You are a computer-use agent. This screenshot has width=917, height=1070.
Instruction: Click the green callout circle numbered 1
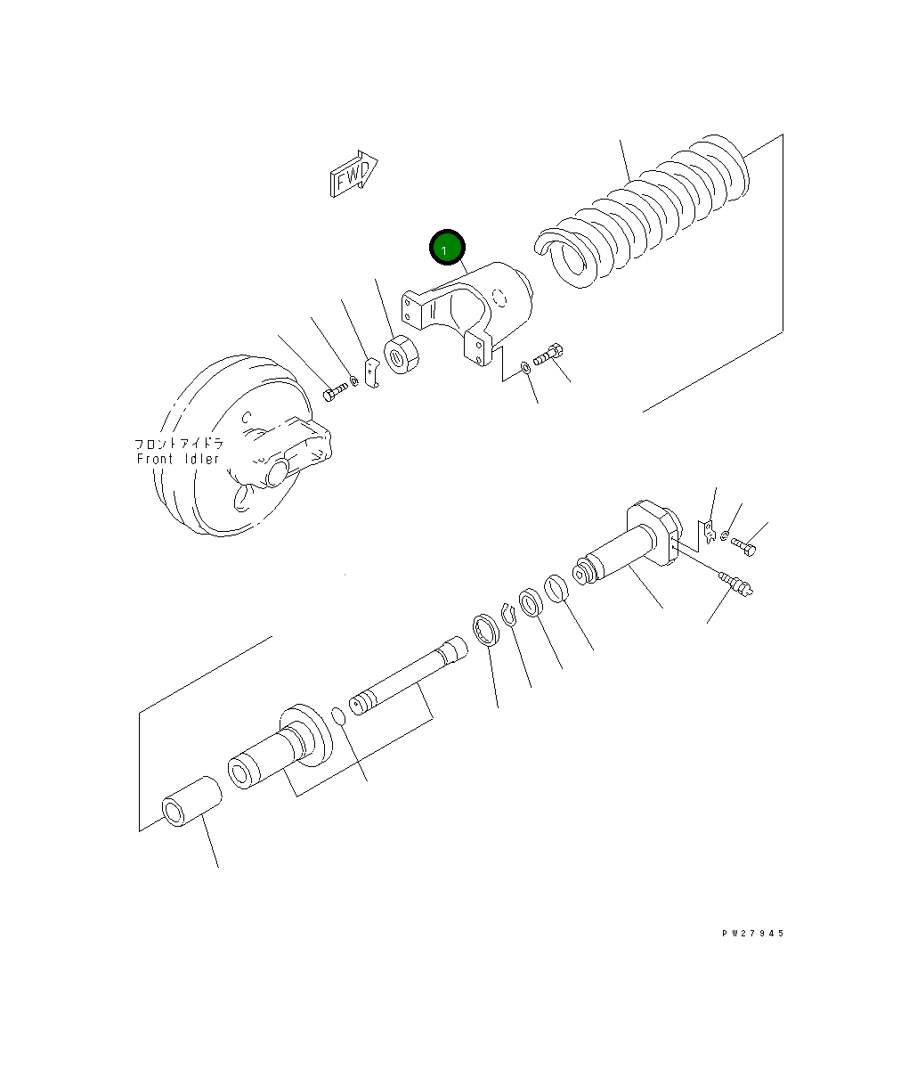(x=447, y=248)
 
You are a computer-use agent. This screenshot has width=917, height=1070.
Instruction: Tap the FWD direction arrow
(x=353, y=174)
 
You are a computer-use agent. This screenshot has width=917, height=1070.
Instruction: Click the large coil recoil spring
(x=642, y=210)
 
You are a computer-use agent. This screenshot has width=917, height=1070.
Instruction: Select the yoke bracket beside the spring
(x=467, y=313)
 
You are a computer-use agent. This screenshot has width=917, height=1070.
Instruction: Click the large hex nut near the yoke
(x=401, y=354)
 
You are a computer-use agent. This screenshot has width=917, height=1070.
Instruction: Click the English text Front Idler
(x=178, y=459)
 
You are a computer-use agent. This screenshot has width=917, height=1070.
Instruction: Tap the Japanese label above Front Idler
(x=179, y=444)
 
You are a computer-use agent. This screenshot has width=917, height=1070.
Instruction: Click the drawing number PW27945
(x=753, y=934)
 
